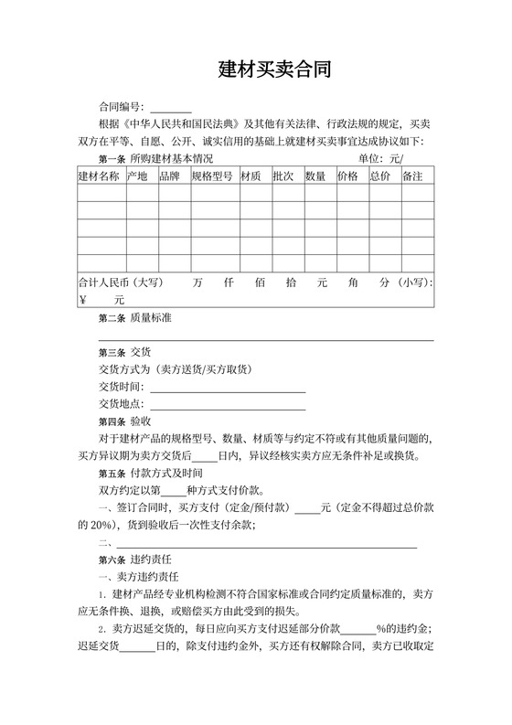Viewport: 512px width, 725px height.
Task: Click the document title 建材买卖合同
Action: click(x=274, y=69)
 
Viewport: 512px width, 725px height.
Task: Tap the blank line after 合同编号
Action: click(x=171, y=108)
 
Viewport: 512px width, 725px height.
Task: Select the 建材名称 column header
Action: click(x=98, y=176)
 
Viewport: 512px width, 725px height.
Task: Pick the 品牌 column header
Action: click(x=169, y=176)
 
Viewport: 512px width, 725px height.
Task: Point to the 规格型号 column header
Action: click(x=212, y=176)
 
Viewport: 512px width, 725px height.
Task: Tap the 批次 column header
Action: click(x=283, y=176)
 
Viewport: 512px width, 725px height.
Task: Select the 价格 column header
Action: click(x=347, y=176)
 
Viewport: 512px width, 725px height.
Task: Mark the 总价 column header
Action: click(x=379, y=176)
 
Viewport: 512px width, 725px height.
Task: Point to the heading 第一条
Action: click(x=112, y=159)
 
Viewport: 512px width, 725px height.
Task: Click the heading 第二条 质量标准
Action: click(x=134, y=318)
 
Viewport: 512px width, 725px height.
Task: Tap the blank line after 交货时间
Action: click(x=228, y=388)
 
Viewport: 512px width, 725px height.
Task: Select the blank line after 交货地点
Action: click(x=228, y=405)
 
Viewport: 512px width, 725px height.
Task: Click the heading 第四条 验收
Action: click(x=124, y=421)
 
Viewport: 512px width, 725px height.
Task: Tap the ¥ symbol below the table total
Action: click(x=83, y=300)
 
